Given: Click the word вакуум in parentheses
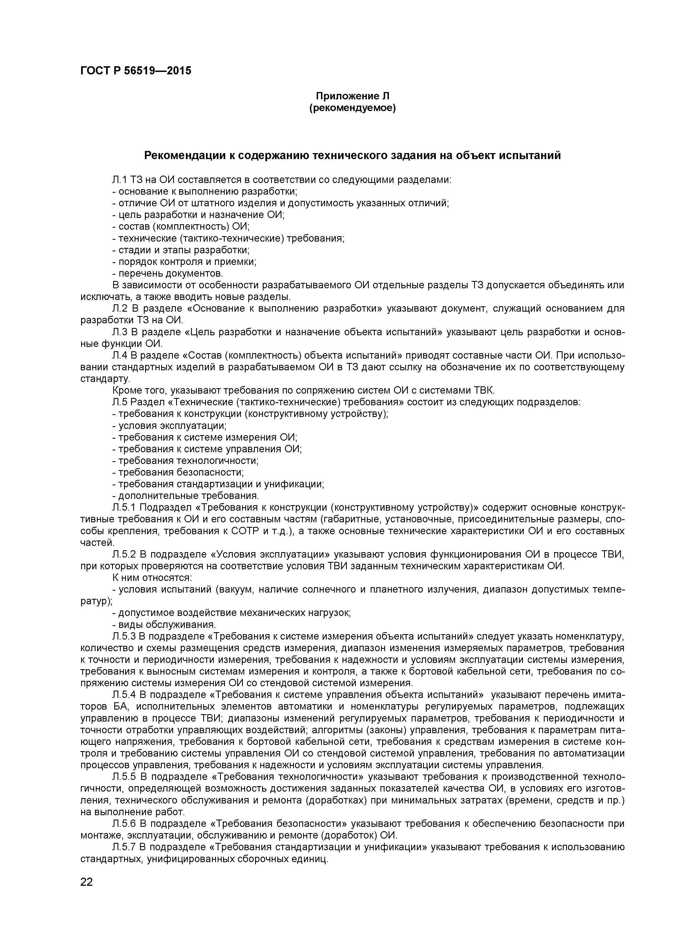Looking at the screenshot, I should (x=236, y=590).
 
